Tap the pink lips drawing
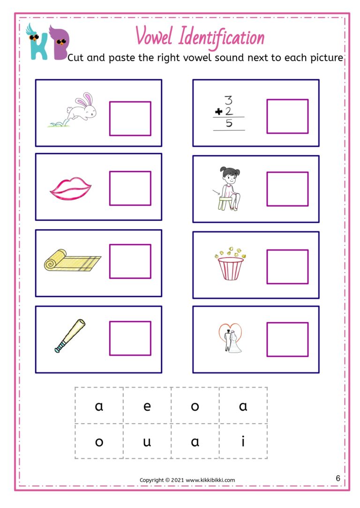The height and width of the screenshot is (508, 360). point(70,189)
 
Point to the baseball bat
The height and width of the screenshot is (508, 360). point(70,335)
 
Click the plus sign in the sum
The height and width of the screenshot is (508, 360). point(218,112)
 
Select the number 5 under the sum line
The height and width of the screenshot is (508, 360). point(229,124)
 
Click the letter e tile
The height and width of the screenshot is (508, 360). point(147,406)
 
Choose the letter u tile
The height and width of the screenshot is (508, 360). point(147,441)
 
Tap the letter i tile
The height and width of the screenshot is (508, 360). point(243,441)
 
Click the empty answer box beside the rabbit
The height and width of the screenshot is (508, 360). point(130,119)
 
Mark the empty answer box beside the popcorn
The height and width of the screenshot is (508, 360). point(287,266)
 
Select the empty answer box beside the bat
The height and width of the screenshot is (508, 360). point(130,338)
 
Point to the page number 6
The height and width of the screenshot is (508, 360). point(338,478)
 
